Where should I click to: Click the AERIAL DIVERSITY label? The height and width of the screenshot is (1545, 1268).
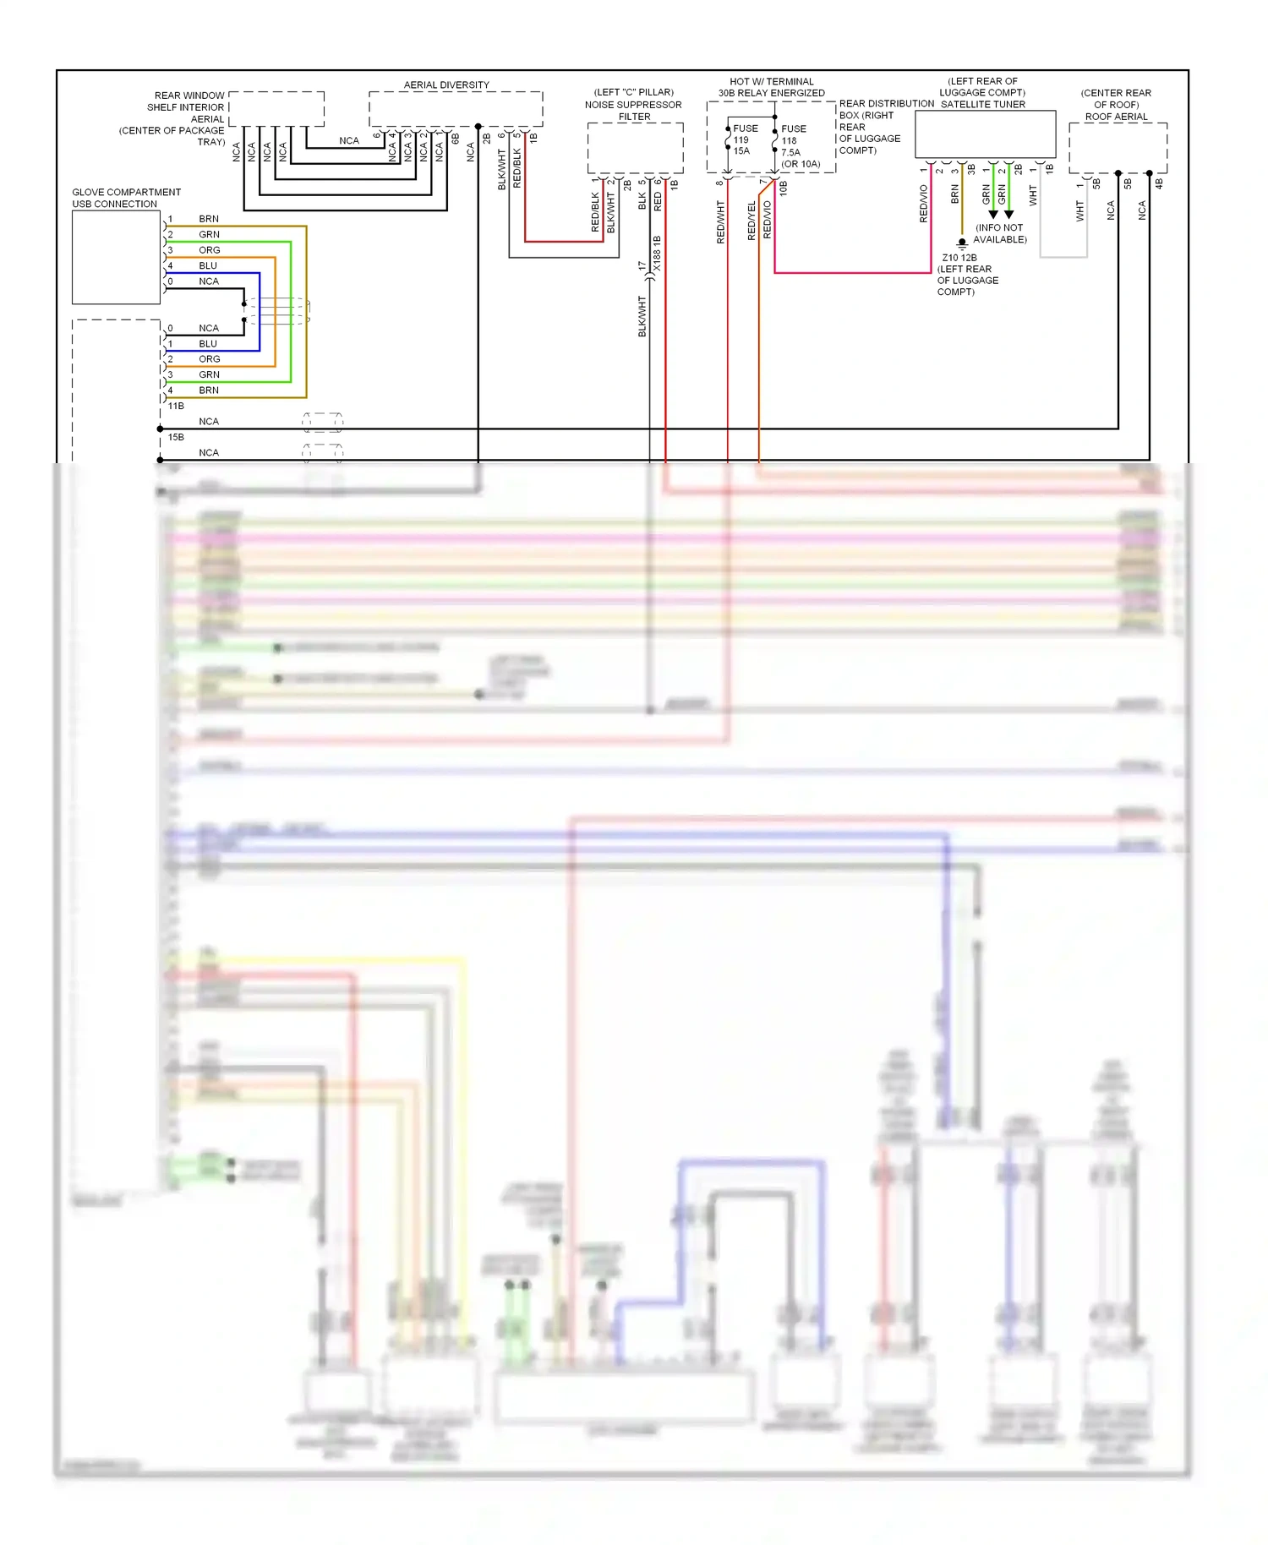pos(446,85)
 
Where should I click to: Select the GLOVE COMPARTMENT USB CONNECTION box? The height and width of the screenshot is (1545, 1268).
pos(116,257)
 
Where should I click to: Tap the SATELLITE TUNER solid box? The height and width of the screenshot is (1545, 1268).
pos(985,134)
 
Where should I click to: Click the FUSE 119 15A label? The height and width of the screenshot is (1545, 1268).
pos(743,139)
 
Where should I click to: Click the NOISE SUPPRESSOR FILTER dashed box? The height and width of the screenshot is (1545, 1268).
pos(635,148)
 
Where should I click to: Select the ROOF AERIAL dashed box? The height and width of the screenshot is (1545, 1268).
pos(1117,147)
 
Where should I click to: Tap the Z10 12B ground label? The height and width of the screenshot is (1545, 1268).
pos(959,258)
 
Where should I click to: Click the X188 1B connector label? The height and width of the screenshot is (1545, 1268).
pos(657,254)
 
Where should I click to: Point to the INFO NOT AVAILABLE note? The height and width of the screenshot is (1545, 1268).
pos(1000,233)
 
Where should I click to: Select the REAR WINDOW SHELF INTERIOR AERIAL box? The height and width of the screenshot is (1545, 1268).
pos(276,109)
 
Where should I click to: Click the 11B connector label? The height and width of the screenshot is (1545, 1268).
pos(176,406)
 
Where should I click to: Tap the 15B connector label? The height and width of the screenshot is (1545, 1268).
pos(176,437)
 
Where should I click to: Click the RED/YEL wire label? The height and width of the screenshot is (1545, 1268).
pos(752,221)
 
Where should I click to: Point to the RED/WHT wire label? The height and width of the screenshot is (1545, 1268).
pos(720,221)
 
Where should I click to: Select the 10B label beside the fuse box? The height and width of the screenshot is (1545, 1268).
pos(784,188)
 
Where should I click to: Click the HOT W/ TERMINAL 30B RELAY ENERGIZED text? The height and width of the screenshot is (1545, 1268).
pos(771,87)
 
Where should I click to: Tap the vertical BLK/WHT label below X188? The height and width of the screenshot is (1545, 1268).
pos(642,316)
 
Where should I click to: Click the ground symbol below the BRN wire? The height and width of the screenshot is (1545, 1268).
pos(961,243)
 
